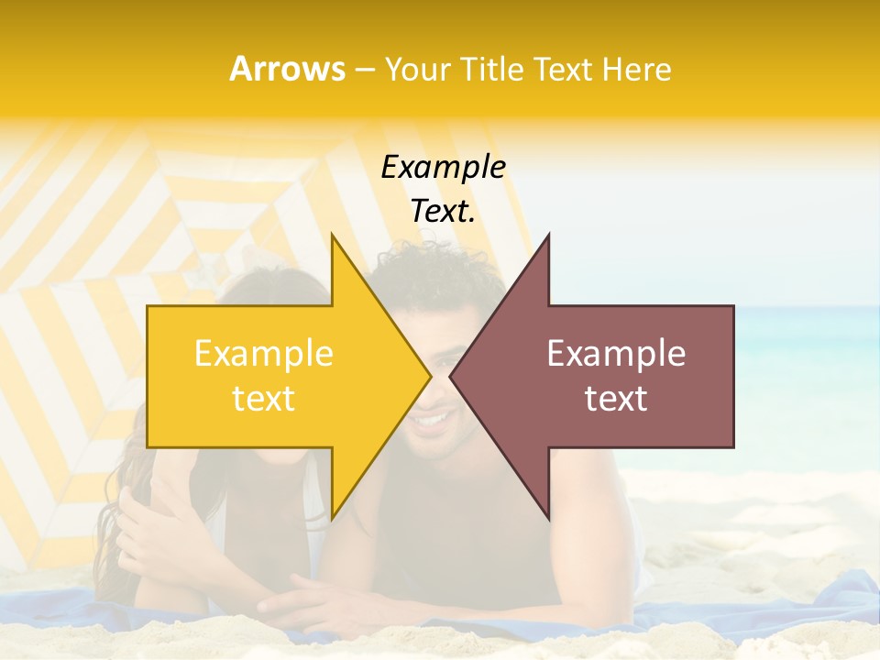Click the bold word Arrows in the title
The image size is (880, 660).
click(287, 69)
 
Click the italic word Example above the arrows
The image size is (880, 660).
click(443, 167)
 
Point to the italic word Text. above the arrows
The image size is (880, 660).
click(443, 211)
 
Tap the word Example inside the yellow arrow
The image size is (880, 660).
click(264, 354)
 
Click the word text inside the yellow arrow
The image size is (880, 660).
click(264, 399)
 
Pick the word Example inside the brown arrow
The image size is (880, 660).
click(616, 354)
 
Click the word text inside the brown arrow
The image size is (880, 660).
click(616, 399)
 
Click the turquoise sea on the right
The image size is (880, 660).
click(807, 339)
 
